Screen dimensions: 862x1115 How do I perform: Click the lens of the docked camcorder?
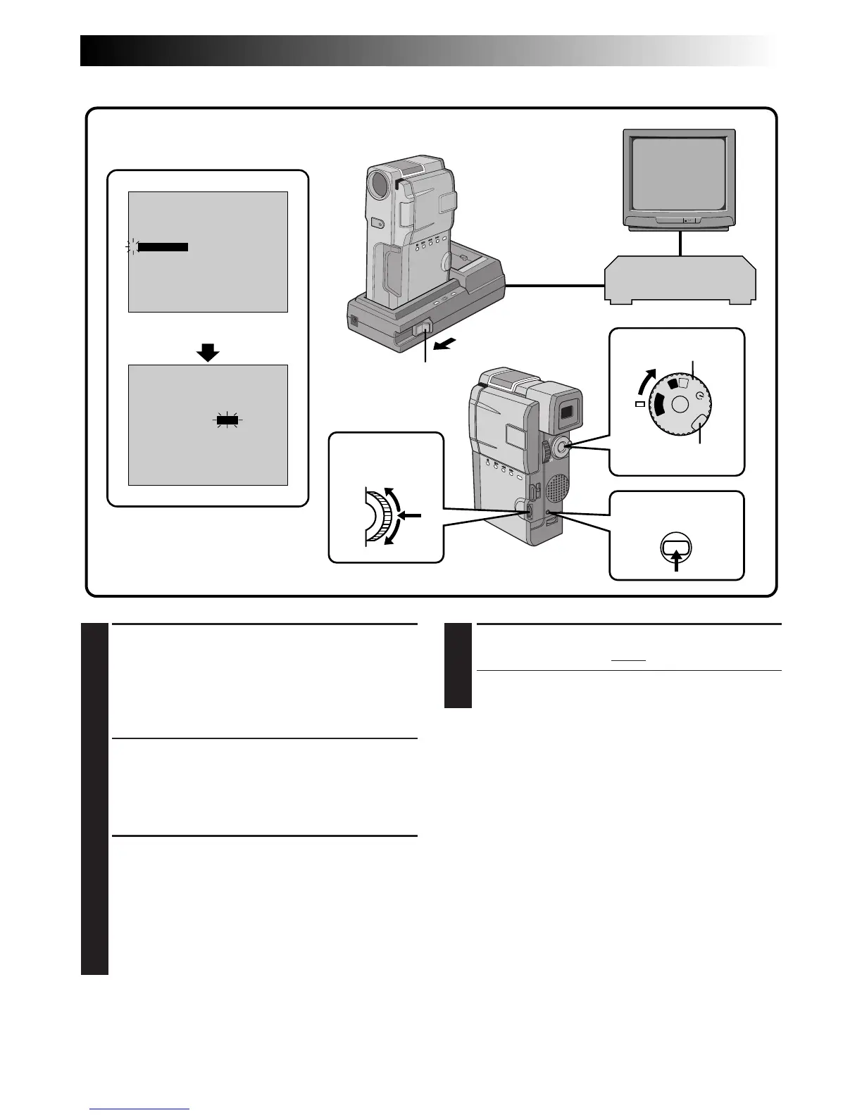[379, 184]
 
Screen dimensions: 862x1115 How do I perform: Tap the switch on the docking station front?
[425, 329]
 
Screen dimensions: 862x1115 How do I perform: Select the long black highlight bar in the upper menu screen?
[163, 247]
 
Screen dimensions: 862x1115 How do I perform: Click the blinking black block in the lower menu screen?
[227, 420]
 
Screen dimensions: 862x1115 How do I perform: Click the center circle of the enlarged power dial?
[679, 403]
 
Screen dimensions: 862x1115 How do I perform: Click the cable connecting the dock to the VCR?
[555, 286]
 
